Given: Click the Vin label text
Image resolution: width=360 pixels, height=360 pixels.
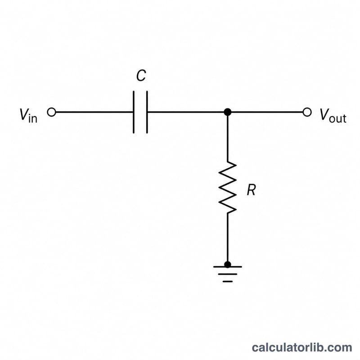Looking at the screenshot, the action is point(28,115).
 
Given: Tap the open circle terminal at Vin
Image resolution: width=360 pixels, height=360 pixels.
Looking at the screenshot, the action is point(51,112).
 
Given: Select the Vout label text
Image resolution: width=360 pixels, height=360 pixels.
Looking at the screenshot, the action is point(333,115).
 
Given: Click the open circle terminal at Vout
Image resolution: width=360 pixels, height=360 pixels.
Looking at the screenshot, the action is point(307,112).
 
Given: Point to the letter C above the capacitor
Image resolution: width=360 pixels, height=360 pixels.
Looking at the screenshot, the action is point(141,76).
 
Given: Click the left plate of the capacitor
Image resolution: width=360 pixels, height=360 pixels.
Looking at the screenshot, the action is point(134,112).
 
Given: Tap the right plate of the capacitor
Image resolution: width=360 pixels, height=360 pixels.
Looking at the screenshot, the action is point(147,112).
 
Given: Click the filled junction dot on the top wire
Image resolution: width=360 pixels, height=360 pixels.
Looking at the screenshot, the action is point(228,112).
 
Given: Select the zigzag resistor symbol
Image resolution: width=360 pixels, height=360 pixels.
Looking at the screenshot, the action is point(228,187).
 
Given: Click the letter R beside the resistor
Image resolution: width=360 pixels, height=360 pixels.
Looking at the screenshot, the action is point(252,190).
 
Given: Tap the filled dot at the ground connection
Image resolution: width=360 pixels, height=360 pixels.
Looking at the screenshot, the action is point(228,265).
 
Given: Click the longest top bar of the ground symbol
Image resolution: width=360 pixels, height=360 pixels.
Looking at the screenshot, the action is point(228,267).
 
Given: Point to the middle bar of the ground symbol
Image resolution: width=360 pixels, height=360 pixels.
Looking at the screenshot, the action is point(228,274).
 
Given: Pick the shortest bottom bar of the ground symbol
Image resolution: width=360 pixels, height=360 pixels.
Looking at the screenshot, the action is point(228,282).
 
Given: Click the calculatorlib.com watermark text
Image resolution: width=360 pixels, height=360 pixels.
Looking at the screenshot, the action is point(302,347).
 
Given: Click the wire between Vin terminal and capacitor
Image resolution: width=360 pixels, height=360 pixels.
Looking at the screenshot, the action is point(94,112).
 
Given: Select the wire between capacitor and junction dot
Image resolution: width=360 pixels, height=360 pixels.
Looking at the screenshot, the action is point(186,112).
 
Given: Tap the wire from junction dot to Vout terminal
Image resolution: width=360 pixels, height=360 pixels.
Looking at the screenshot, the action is point(267,112).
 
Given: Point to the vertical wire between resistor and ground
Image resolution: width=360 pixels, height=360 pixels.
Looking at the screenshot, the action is point(228,237).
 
